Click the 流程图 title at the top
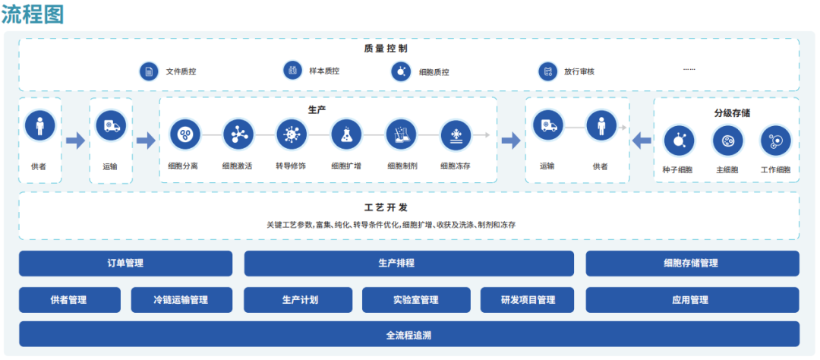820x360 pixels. pyautogui.click(x=33, y=14)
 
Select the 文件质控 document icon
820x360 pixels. pyautogui.click(x=149, y=71)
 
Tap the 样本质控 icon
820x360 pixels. pyautogui.click(x=292, y=71)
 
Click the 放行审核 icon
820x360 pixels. pyautogui.click(x=547, y=71)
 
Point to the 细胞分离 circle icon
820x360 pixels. pyautogui.click(x=184, y=134)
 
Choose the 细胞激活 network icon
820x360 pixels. pyautogui.click(x=238, y=134)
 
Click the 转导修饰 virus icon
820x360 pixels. pyautogui.click(x=291, y=134)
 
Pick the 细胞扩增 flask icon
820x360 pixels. pyautogui.click(x=346, y=134)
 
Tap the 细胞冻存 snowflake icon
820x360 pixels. pyautogui.click(x=456, y=134)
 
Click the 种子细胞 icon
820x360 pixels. pyautogui.click(x=679, y=141)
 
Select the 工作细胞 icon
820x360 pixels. pyautogui.click(x=775, y=141)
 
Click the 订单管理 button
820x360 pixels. pyautogui.click(x=125, y=264)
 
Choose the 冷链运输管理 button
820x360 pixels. pyautogui.click(x=180, y=300)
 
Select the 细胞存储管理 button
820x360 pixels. pyautogui.click(x=692, y=264)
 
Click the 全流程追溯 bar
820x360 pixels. pyautogui.click(x=409, y=335)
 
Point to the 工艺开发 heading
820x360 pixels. pyautogui.click(x=408, y=207)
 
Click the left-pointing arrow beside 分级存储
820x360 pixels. pyautogui.click(x=642, y=141)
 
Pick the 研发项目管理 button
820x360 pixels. pyautogui.click(x=528, y=300)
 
